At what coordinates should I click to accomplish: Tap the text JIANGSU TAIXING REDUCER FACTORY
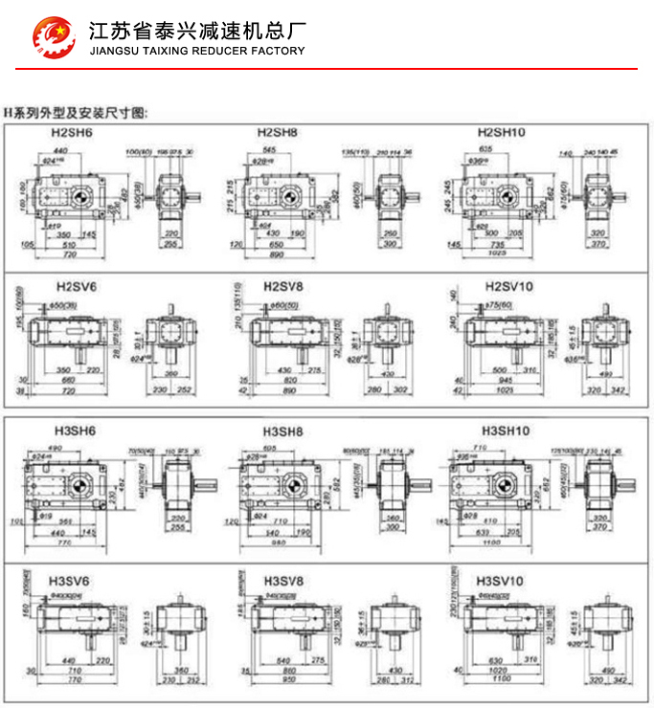(195, 52)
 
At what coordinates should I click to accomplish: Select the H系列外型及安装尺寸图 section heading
(77, 112)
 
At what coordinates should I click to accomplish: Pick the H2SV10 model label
(509, 285)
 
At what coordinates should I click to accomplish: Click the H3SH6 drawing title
(75, 431)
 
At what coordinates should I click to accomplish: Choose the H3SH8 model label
(283, 431)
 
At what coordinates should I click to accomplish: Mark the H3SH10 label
(506, 431)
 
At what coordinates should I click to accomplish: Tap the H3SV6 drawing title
(69, 581)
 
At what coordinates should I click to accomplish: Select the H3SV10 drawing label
(501, 581)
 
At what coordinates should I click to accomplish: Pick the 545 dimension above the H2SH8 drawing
(270, 151)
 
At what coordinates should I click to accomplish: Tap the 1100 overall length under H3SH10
(491, 542)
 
